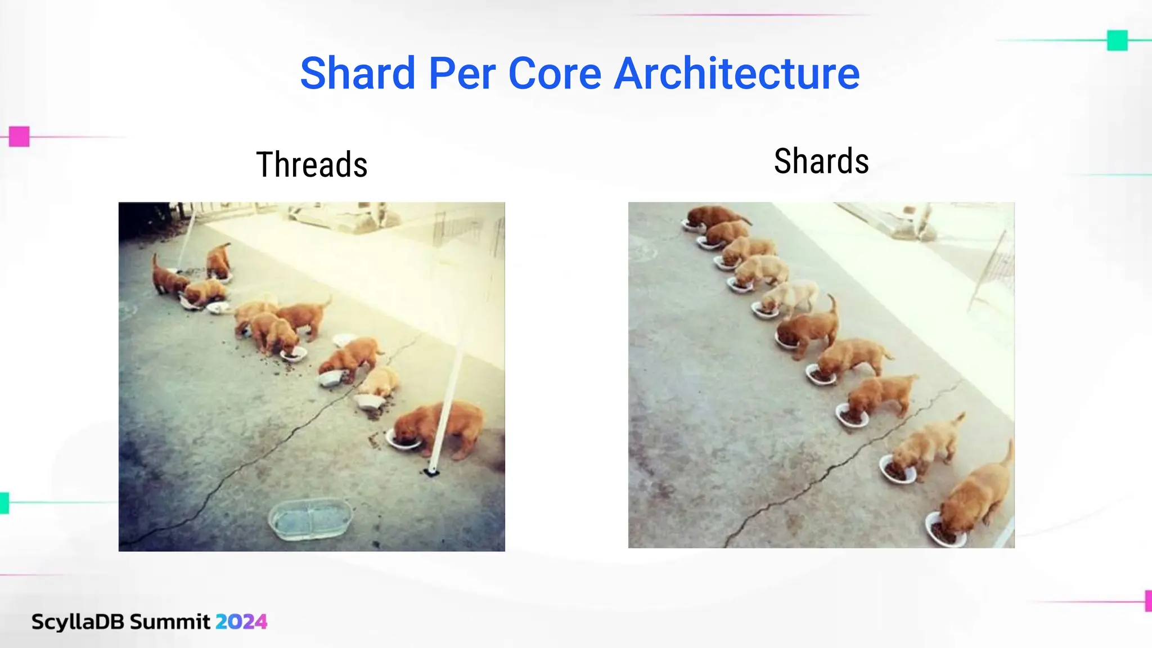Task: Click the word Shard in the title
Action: [358, 73]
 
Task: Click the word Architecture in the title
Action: [736, 73]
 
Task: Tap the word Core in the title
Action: [555, 73]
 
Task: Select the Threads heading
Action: [312, 165]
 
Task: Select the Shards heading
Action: [821, 161]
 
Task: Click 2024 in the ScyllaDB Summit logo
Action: [241, 622]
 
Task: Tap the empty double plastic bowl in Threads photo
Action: [310, 519]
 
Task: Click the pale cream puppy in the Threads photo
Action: [380, 382]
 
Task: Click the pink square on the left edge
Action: [19, 137]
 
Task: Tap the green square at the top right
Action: [1117, 40]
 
